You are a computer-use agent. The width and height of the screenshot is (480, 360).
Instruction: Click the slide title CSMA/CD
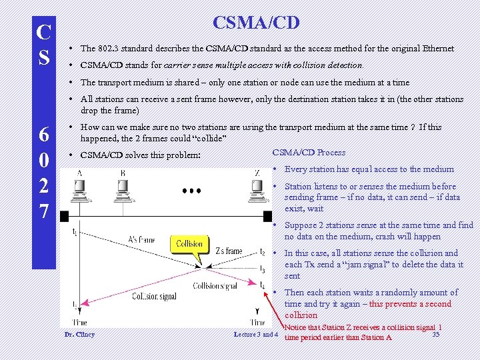point(256,23)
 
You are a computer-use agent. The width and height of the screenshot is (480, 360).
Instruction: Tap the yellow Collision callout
point(189,244)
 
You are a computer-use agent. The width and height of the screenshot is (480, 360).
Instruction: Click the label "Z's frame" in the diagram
point(229,251)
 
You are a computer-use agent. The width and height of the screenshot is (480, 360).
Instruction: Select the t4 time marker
point(262,285)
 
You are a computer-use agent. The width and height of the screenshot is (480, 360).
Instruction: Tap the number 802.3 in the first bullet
point(108,49)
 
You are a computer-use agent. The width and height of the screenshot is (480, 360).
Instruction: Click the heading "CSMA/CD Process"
point(309,152)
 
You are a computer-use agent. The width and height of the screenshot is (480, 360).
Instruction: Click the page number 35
point(435,334)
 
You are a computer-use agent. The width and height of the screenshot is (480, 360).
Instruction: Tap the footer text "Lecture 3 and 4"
point(256,334)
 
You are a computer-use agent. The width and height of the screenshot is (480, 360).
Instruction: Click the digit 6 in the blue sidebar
point(44,134)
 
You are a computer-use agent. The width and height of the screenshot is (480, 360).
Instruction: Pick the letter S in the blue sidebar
point(44,57)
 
